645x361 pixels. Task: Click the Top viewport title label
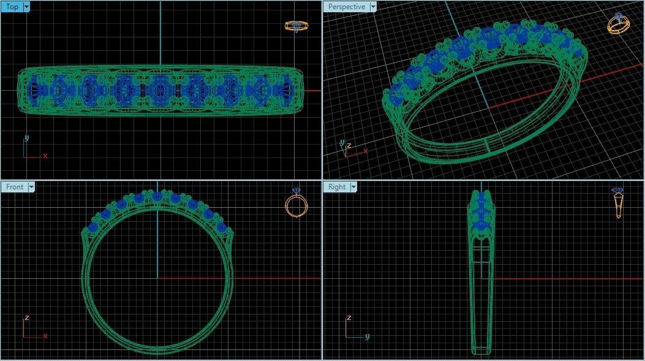[12, 7]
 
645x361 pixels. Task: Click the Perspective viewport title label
[346, 7]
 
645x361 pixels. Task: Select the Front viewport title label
[14, 187]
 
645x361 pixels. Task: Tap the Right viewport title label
[337, 187]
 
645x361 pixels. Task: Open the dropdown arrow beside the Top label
[26, 7]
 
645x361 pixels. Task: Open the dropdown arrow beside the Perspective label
[372, 7]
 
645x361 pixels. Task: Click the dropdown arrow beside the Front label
[31, 187]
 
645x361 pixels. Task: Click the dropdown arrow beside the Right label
[353, 187]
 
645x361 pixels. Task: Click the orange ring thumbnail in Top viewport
[296, 26]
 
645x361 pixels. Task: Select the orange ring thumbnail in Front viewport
[296, 203]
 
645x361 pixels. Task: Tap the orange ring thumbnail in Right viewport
[618, 203]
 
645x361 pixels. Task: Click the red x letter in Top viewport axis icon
[45, 156]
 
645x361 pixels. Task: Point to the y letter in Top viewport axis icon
[26, 139]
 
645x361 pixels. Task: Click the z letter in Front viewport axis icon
[26, 318]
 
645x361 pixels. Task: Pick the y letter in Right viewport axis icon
[367, 336]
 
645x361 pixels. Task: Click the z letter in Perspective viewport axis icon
[349, 145]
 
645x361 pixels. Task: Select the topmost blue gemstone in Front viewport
[157, 196]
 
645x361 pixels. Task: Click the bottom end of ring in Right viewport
[481, 351]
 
